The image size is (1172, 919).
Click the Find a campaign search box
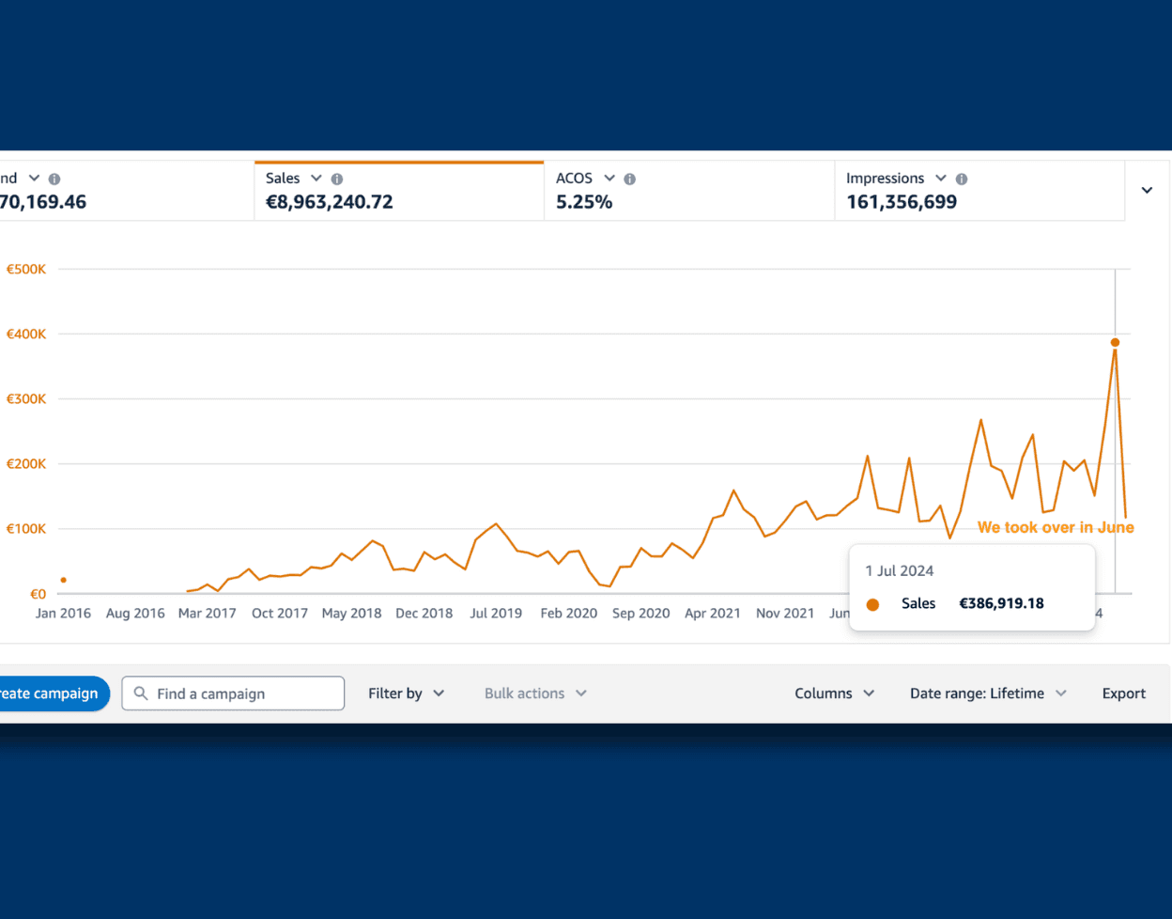point(233,693)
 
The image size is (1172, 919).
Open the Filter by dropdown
point(406,693)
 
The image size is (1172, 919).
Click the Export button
point(1123,693)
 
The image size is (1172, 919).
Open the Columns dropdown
point(834,693)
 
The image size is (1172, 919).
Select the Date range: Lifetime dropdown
point(988,693)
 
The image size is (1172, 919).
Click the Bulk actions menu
point(535,693)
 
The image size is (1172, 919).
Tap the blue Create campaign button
point(54,693)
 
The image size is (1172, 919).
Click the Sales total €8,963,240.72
point(329,202)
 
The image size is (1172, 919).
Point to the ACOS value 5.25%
point(584,202)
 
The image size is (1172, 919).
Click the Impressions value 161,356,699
point(902,202)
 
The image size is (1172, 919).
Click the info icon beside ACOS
point(629,179)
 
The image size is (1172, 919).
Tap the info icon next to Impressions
point(961,179)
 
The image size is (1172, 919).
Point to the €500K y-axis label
point(26,270)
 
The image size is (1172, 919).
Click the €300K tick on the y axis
point(26,398)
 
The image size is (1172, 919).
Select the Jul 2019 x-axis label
point(496,613)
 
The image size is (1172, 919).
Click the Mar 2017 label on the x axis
point(208,613)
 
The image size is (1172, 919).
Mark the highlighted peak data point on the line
point(1115,342)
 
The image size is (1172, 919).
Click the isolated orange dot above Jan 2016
point(64,580)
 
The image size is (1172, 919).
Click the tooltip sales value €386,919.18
point(1001,603)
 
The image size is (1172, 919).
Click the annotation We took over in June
point(1056,527)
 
